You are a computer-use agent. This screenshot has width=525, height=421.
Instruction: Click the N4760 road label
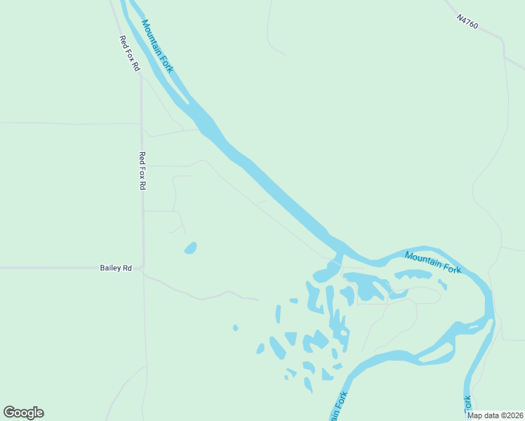(467, 23)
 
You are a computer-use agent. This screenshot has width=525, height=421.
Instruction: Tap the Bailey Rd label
(116, 268)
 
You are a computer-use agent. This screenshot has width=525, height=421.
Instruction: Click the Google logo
(23, 413)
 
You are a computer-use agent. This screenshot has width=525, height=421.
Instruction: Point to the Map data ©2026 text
(495, 415)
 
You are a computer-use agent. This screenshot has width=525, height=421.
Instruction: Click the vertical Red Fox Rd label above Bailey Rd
(142, 171)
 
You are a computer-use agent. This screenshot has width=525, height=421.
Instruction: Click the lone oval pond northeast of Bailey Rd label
(190, 248)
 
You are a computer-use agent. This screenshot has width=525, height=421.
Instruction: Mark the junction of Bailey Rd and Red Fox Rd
(143, 267)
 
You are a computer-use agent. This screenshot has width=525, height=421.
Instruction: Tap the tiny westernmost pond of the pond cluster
(235, 328)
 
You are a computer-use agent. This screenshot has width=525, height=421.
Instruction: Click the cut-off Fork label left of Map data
(467, 404)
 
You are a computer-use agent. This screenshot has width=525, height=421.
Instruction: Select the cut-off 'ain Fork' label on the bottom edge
(338, 407)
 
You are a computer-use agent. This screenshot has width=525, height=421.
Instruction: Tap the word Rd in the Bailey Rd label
(127, 268)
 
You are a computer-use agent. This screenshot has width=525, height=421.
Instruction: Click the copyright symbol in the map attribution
(506, 415)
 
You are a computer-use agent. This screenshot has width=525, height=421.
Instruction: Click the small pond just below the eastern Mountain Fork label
(442, 284)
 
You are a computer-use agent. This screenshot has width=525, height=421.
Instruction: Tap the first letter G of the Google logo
(10, 412)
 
